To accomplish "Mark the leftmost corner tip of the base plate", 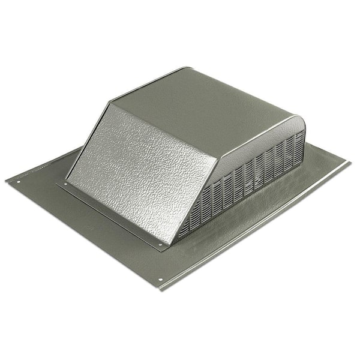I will pyautogui.click(x=5, y=179).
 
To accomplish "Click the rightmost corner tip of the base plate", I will pyautogui.click(x=350, y=161).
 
